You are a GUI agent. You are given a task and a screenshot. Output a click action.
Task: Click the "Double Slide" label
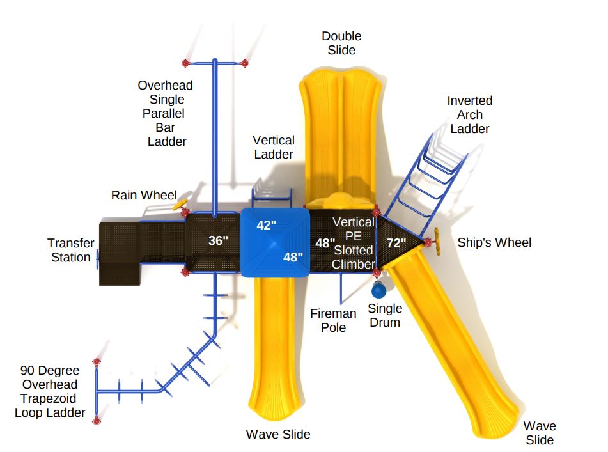point(341,43)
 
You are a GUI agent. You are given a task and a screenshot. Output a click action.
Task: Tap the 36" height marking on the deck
point(218,241)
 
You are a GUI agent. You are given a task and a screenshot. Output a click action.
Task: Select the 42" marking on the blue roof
point(267,225)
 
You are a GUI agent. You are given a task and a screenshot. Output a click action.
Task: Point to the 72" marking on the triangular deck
point(396,243)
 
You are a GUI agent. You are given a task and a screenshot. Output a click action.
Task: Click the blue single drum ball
point(379,290)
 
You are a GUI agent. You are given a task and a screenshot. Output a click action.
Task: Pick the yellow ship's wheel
point(437,241)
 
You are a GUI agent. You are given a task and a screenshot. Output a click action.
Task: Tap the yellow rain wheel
point(180,204)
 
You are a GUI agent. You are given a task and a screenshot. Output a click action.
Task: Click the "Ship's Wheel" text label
point(494,243)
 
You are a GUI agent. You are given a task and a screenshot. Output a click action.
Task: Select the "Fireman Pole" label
point(333,320)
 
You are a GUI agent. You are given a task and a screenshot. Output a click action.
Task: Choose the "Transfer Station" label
point(71,250)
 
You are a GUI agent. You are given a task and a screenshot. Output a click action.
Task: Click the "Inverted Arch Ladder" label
point(469,114)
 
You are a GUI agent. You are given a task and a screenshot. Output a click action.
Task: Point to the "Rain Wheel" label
point(144,195)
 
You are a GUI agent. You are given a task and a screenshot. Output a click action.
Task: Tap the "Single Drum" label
point(385,315)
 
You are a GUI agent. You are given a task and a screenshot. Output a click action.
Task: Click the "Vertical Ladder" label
point(274,147)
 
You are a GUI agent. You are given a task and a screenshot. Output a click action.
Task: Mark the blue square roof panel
point(276,242)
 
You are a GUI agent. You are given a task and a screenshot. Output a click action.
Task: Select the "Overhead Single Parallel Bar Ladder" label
point(166,113)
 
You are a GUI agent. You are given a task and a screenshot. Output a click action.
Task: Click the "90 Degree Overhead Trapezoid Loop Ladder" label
point(50,391)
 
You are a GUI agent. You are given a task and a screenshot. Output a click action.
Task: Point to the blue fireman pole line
point(341,288)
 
